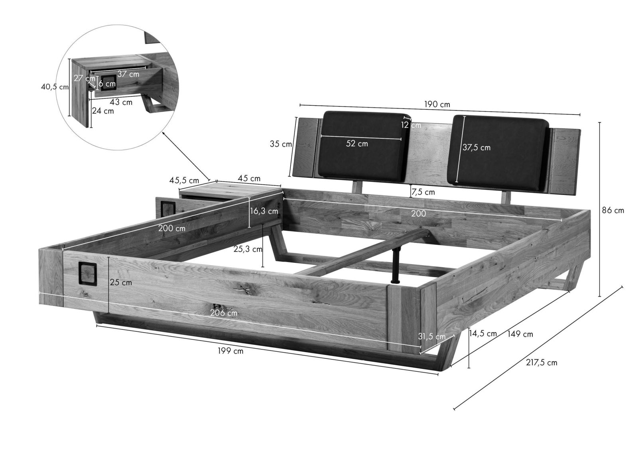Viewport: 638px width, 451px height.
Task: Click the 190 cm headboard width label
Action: tap(437, 104)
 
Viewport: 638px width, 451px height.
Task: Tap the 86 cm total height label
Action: tap(613, 211)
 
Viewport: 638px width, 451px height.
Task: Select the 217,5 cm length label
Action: tap(542, 363)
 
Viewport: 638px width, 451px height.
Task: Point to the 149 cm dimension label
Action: tap(520, 334)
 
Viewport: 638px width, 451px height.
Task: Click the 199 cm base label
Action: tap(230, 351)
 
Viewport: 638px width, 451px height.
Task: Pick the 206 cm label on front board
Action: tap(224, 313)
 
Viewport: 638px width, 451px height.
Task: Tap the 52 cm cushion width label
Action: tap(357, 144)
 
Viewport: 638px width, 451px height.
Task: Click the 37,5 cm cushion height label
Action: tap(477, 148)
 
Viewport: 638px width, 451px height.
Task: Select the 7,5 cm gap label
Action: tap(423, 192)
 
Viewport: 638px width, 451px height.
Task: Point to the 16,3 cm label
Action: tap(264, 211)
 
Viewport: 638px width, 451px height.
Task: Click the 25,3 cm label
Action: tap(248, 249)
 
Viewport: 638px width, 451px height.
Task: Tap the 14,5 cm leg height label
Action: tap(483, 334)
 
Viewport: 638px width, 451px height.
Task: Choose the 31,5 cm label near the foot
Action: tap(432, 337)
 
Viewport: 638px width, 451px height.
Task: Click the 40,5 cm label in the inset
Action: tap(55, 87)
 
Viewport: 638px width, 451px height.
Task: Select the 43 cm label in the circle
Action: tap(121, 102)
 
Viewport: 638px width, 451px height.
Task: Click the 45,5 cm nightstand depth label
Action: tap(184, 180)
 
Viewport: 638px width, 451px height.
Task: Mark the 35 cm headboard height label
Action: tap(281, 144)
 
